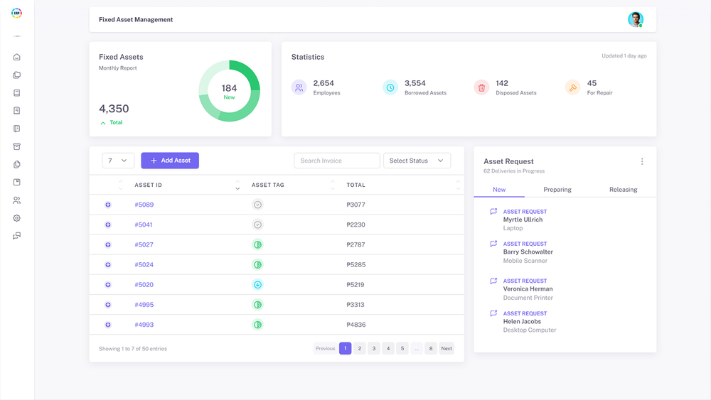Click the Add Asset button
(170, 161)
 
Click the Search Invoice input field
(337, 161)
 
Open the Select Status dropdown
(417, 161)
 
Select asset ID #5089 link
(144, 205)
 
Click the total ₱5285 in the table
(355, 265)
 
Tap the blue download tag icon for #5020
(258, 285)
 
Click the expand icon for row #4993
(108, 325)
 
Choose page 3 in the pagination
(374, 348)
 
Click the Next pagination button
(447, 348)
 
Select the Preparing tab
(557, 190)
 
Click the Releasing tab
(623, 190)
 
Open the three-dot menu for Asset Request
(642, 161)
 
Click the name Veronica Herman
(528, 289)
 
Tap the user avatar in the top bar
(635, 20)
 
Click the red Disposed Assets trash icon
(481, 87)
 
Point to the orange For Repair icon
(572, 87)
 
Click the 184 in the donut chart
(229, 89)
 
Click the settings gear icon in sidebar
(17, 218)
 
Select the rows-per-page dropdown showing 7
(118, 161)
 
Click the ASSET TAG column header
(268, 185)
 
